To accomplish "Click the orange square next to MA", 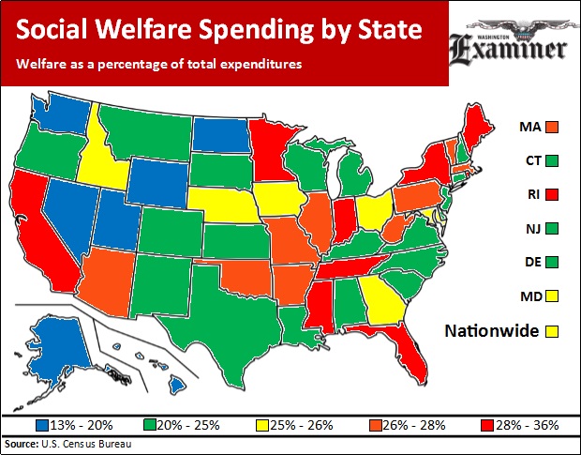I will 553,126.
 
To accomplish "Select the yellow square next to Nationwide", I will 553,330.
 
